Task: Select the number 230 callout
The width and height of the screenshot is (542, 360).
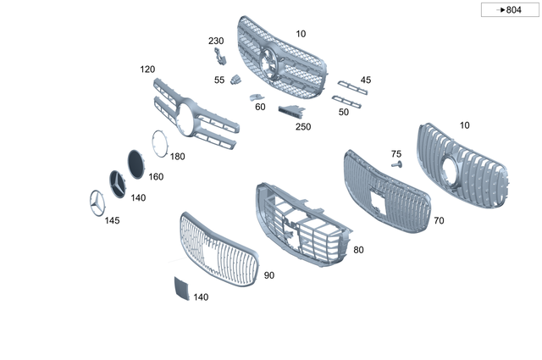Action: (216, 41)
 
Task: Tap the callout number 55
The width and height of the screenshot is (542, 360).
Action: (219, 80)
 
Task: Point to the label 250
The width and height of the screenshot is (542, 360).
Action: (302, 126)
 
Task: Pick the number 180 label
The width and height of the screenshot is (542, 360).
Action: (177, 157)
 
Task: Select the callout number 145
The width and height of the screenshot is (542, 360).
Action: (112, 220)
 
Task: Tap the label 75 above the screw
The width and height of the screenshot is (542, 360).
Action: (395, 154)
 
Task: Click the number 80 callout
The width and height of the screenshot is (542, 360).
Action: (358, 250)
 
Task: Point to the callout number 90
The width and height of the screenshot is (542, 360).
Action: (268, 275)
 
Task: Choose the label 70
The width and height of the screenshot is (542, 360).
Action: (438, 221)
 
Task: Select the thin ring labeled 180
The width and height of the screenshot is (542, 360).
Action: (158, 141)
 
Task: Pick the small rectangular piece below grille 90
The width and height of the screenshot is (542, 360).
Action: (180, 288)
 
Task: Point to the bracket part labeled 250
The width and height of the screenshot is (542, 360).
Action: (291, 112)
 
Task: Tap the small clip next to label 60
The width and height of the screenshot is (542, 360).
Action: (255, 97)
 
